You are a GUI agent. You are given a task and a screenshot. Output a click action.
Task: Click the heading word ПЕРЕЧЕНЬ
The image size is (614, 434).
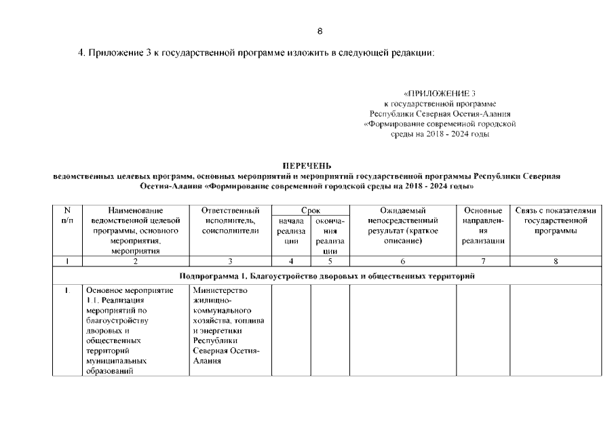(306, 165)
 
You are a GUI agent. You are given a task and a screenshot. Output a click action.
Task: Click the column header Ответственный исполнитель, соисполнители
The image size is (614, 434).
(231, 221)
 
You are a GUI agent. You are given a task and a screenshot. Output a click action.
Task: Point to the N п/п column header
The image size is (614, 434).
(67, 216)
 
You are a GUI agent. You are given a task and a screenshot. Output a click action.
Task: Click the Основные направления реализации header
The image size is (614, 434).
(482, 226)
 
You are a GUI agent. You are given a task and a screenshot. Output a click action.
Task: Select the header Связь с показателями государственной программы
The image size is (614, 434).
(555, 221)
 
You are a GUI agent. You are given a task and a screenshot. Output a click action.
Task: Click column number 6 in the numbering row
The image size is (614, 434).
(402, 260)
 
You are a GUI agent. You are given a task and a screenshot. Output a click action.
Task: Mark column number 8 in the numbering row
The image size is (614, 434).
(555, 260)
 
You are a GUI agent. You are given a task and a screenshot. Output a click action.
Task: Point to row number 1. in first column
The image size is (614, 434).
(67, 291)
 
